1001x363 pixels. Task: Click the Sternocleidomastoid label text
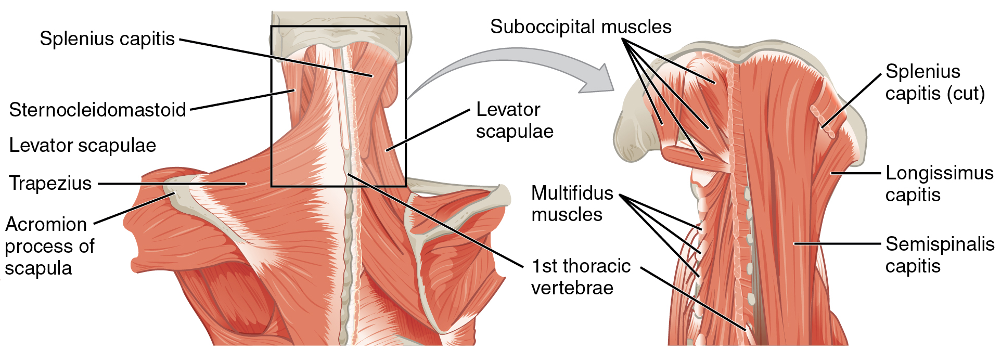(x=97, y=110)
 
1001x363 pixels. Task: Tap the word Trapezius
(x=50, y=184)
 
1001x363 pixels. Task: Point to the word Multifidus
(x=572, y=193)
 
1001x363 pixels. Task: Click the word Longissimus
(x=940, y=173)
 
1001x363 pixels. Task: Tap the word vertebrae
(x=572, y=288)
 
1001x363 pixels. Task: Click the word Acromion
(x=46, y=225)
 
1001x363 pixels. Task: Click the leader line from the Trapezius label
(x=172, y=184)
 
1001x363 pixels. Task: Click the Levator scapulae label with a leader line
(x=515, y=121)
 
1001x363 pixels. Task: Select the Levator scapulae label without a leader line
(x=83, y=146)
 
